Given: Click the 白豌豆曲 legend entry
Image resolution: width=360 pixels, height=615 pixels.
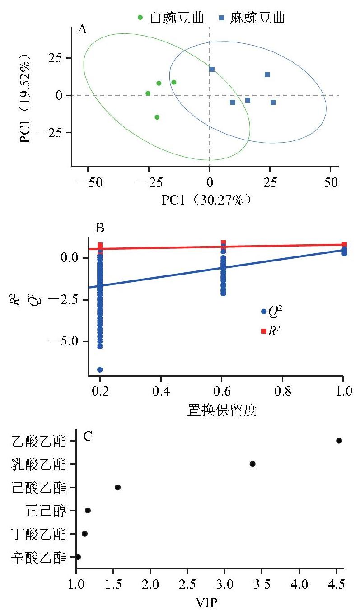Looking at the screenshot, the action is (x=171, y=18).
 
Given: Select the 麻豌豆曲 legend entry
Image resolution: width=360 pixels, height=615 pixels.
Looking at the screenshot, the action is (x=252, y=18).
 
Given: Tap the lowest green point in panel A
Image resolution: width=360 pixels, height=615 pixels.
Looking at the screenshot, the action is (x=157, y=117).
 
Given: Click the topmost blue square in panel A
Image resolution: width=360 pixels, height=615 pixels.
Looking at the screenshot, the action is (x=212, y=69).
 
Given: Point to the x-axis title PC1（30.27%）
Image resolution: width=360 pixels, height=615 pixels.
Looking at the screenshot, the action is (x=206, y=200).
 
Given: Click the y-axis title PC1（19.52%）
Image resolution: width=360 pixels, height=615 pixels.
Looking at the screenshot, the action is (x=25, y=98).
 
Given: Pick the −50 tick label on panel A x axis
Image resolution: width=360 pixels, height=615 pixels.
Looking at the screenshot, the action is (x=89, y=182).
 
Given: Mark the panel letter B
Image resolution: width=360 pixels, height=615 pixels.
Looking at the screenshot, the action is (x=100, y=228).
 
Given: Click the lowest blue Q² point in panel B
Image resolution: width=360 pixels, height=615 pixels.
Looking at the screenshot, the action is (x=100, y=369).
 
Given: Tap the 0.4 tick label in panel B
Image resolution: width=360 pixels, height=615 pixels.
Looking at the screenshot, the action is (x=161, y=391).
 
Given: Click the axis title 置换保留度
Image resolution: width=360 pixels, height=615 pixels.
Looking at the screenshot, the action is (x=222, y=410).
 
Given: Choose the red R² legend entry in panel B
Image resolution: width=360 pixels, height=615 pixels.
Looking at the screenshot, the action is (x=271, y=331).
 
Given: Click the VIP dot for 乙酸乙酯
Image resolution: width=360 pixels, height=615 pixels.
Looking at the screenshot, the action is (x=339, y=441).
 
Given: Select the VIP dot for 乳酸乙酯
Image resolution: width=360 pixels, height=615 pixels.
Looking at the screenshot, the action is (x=252, y=464).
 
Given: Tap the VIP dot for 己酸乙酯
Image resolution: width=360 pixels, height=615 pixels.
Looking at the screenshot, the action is (x=117, y=487).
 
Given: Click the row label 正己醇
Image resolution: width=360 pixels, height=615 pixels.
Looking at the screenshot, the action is (x=46, y=511).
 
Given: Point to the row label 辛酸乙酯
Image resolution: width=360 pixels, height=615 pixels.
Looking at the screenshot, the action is (x=39, y=557).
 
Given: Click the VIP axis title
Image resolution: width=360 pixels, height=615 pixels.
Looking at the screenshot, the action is (x=206, y=603).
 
